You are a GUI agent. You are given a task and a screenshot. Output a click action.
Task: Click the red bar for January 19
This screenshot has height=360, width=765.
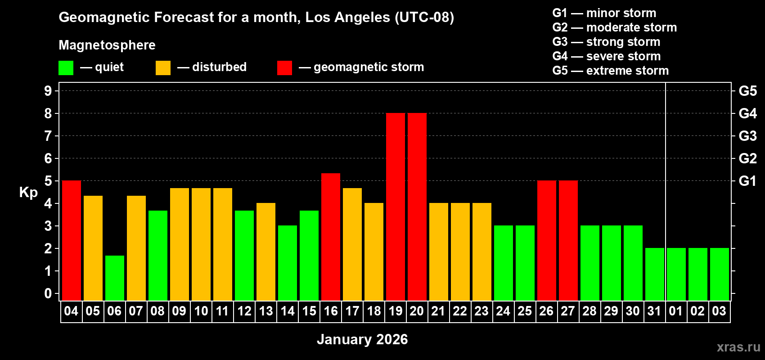pos(395,207)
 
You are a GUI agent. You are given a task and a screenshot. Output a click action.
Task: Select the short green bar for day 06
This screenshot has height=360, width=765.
pos(114,278)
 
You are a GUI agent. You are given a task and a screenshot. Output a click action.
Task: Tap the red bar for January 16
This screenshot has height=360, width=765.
pos(331,237)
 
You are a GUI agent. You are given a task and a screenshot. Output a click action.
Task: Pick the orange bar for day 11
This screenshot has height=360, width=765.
pos(223,244)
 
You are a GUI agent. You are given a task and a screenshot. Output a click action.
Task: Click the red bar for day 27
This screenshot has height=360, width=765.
pos(568,241)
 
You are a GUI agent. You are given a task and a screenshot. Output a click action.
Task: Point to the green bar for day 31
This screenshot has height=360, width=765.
pos(654,274)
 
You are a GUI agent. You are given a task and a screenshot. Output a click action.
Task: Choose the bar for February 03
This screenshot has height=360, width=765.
pos(719,274)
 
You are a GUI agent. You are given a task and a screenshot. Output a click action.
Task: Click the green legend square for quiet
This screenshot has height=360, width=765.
pos(66,68)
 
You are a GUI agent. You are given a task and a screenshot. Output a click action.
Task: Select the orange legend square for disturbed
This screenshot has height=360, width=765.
pos(163,68)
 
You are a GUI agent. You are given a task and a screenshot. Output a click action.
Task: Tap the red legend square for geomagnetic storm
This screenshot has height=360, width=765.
pos(284,68)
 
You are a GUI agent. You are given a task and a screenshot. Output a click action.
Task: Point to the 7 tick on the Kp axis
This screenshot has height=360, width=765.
pos(48,136)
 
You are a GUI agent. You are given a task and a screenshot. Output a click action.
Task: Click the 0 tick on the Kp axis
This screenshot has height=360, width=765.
pos(48,293)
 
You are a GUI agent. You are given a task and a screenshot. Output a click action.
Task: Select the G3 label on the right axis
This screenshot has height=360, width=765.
pos(747,136)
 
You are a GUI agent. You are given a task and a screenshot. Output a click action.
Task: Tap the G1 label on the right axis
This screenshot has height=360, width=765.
pos(747,181)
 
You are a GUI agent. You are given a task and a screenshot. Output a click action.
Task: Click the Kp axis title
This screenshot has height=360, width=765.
pos(28,193)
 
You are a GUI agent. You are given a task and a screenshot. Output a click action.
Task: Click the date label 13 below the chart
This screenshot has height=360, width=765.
pos(265,311)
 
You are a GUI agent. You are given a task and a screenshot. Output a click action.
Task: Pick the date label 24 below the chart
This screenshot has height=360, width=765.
pos(503,311)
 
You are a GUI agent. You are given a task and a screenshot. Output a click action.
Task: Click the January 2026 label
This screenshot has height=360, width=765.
pos(362,339)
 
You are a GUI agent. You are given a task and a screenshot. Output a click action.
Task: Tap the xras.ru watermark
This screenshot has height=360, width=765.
pos(738,347)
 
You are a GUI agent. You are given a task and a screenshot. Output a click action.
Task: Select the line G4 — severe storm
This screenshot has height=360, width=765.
pos(606,56)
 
